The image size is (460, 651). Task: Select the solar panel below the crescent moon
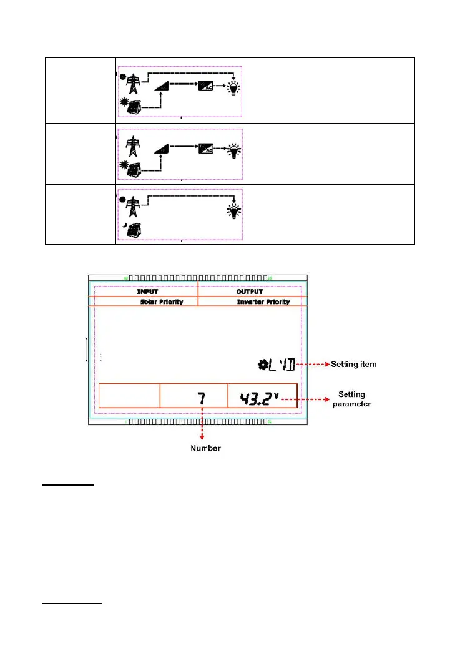click(x=133, y=229)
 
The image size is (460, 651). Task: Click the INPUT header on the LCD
click(x=147, y=291)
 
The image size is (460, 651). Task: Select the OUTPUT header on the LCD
click(x=250, y=291)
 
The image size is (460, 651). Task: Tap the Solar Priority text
click(x=162, y=301)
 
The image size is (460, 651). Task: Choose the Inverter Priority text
click(x=263, y=301)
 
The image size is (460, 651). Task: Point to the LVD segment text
click(x=281, y=364)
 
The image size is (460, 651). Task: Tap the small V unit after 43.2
click(x=275, y=393)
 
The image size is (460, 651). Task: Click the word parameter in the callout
click(x=355, y=404)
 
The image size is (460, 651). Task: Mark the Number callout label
click(x=205, y=448)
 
